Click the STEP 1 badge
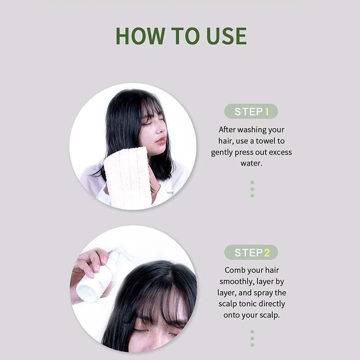251,111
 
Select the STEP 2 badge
251,252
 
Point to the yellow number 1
267,111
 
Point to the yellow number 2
267,252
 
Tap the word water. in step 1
251,163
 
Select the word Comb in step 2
234,270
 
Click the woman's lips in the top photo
161,140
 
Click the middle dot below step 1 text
252,189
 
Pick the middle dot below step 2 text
252,338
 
